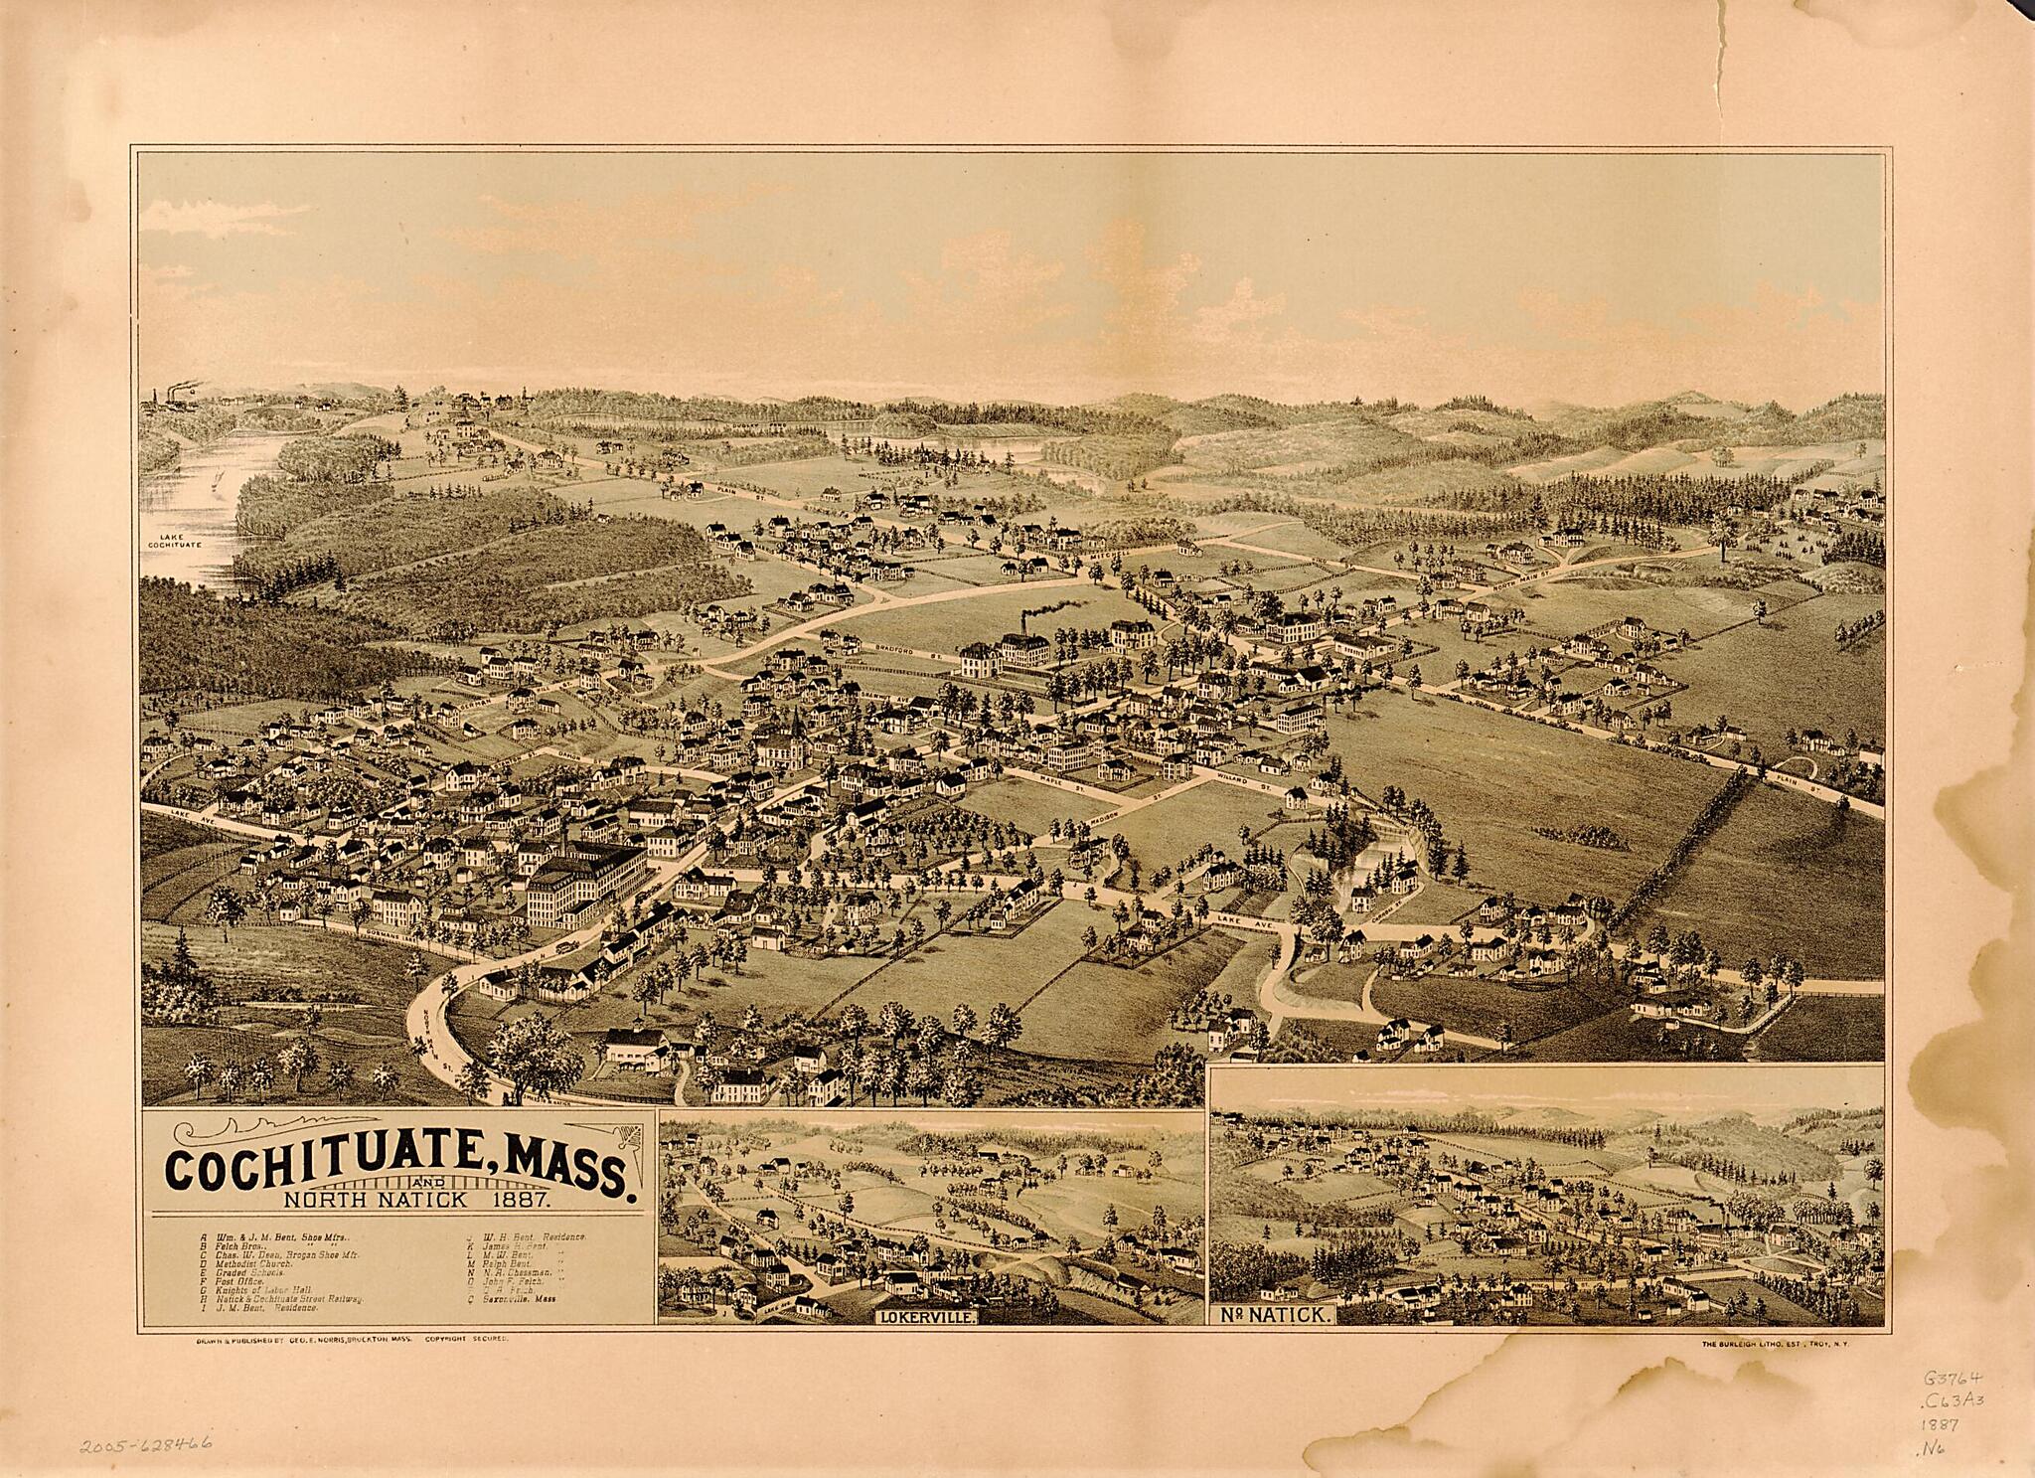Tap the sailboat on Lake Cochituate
pos(218,483)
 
